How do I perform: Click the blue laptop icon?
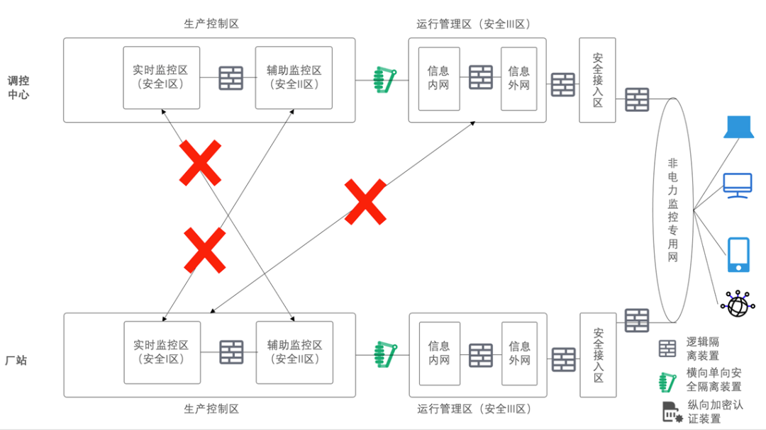738,127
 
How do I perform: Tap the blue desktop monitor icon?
738,186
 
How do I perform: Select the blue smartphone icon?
738,254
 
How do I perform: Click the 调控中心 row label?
18,87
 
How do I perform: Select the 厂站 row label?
16,361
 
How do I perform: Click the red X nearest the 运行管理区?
365,202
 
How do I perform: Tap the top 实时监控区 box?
161,78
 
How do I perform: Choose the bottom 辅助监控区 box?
294,352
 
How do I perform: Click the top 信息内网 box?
438,78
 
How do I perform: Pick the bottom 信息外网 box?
519,353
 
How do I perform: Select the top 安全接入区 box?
597,80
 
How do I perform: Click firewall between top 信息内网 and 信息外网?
480,77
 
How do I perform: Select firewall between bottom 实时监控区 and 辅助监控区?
231,352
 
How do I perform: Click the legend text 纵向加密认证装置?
715,412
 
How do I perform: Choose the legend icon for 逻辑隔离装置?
667,348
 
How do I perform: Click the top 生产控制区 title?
211,23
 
